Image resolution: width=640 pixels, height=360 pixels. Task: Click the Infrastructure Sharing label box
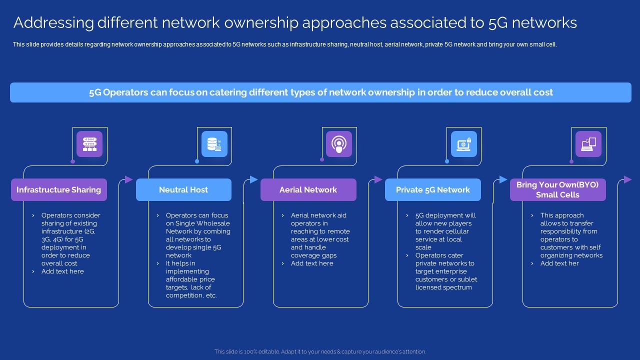click(x=59, y=190)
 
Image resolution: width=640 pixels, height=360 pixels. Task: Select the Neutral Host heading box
click(x=183, y=190)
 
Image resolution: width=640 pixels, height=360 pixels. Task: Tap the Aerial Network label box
click(x=308, y=190)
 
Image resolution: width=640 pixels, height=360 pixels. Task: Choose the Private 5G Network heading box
click(x=432, y=190)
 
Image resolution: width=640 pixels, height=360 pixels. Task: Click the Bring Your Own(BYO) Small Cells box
click(x=557, y=190)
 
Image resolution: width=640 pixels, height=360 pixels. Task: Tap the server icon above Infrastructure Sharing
click(x=89, y=144)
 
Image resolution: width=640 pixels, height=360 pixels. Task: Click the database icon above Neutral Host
click(x=214, y=144)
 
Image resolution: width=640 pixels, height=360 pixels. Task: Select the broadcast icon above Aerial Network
click(x=339, y=144)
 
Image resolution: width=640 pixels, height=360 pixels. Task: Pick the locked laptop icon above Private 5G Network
click(x=463, y=144)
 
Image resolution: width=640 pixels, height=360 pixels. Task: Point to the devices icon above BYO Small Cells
click(x=588, y=144)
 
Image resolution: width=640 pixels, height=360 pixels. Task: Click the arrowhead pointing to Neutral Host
click(x=129, y=179)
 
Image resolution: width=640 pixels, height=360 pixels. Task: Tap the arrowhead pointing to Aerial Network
click(x=253, y=179)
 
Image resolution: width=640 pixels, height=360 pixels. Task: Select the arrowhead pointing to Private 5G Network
click(x=378, y=179)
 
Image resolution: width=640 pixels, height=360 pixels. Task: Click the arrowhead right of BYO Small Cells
click(x=628, y=179)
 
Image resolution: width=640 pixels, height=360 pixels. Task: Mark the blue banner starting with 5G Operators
click(x=320, y=92)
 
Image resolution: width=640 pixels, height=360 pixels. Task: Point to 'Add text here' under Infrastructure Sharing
click(x=62, y=271)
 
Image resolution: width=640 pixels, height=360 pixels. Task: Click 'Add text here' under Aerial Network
click(x=312, y=263)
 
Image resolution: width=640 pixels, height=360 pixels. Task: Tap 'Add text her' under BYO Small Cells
click(x=559, y=263)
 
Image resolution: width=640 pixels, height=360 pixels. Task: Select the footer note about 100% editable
click(x=320, y=351)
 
